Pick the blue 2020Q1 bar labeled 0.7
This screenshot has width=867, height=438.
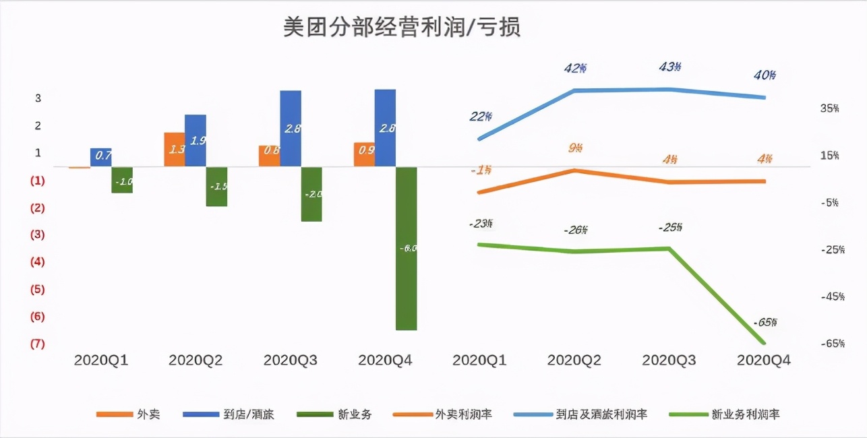[x=101, y=157]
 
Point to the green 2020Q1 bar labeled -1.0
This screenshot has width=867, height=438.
[x=122, y=180]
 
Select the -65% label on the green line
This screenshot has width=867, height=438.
[x=765, y=322]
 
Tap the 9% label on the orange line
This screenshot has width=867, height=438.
[x=575, y=148]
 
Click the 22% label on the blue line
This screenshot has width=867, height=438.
[x=480, y=117]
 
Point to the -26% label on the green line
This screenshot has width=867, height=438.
[x=575, y=230]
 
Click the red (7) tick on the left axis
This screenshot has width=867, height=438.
[x=37, y=344]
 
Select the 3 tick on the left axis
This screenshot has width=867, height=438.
[x=38, y=98]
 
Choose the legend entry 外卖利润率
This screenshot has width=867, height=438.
[x=463, y=414]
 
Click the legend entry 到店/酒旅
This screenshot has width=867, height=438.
[x=249, y=414]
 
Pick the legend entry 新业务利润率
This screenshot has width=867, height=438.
[x=746, y=414]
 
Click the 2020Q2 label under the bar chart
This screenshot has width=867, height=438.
[x=195, y=361]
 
